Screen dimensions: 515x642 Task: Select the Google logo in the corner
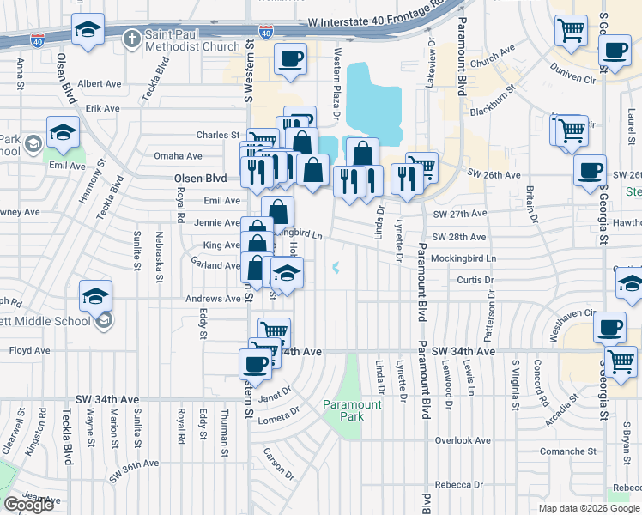pos(28,505)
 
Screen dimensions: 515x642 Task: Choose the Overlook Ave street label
pos(462,440)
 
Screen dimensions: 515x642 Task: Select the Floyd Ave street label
pos(30,350)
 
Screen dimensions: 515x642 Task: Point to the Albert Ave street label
pos(100,84)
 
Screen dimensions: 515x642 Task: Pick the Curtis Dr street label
pos(475,280)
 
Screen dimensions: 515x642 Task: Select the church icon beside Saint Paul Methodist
pos(131,39)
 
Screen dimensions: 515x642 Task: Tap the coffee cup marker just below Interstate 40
pos(290,58)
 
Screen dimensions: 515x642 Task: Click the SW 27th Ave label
pos(459,214)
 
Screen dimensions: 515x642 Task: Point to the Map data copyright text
pos(588,508)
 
